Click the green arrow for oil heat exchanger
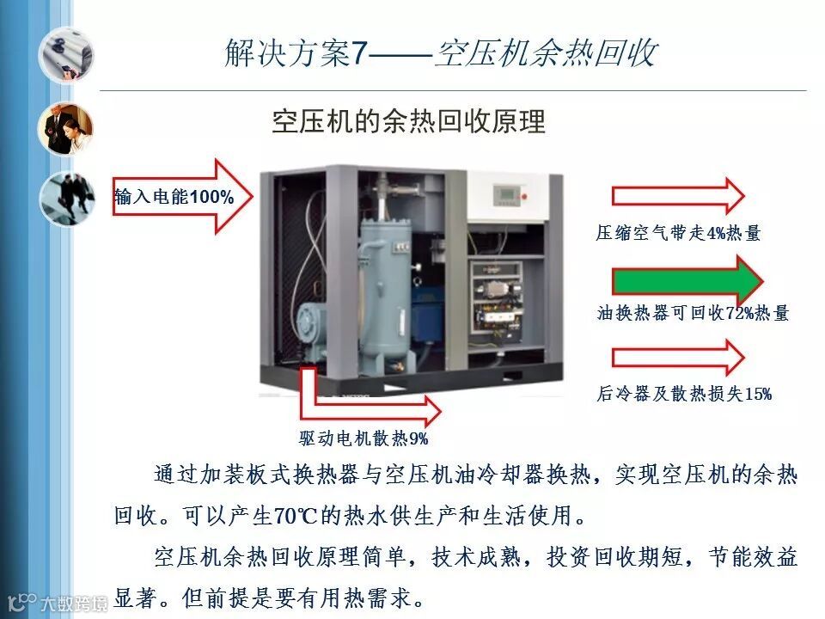(687, 282)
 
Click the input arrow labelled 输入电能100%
(182, 196)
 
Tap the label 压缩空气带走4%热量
(678, 233)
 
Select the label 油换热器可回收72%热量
(693, 313)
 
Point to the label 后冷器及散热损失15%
(684, 394)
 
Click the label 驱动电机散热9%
(364, 438)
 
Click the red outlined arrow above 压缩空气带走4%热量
(678, 196)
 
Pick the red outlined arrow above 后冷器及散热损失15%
(678, 358)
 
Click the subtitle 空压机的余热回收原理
(408, 121)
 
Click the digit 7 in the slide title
(358, 53)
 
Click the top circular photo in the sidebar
(66, 55)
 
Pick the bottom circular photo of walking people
(67, 199)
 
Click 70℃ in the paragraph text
(295, 515)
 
